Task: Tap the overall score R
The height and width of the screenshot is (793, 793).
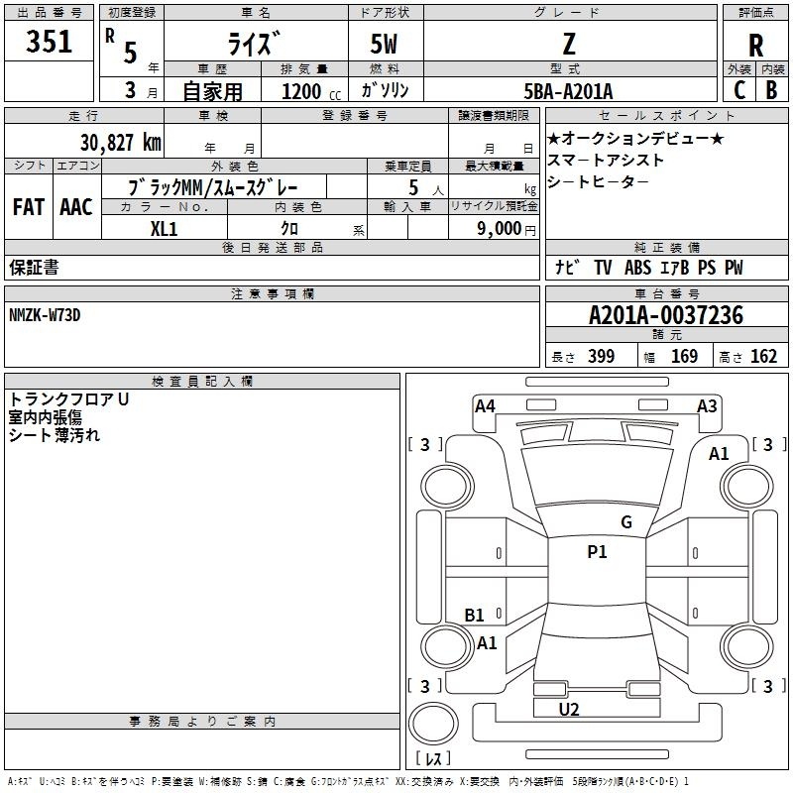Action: point(755,45)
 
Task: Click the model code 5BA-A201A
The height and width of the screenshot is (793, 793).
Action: point(568,91)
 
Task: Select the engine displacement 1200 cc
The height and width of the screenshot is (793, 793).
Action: point(303,91)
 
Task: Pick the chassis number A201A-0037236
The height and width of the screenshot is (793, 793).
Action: point(665,315)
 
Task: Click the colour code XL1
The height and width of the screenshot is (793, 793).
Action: point(164,228)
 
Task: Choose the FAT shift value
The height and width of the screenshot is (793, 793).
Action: point(28,207)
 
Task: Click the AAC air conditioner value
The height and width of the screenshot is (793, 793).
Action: point(75,207)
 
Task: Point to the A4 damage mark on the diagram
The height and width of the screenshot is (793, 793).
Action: point(485,405)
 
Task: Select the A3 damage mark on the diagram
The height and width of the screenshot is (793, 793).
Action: point(707,405)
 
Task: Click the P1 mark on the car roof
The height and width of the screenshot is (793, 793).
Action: point(597,552)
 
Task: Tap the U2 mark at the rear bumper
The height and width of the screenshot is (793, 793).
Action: point(569,709)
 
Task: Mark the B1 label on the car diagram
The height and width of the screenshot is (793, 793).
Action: point(475,616)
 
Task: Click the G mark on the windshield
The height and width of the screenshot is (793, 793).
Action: point(625,521)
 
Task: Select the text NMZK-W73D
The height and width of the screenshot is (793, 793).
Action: point(45,314)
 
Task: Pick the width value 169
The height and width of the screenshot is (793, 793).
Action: point(684,357)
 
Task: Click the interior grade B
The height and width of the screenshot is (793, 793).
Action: point(771,90)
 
